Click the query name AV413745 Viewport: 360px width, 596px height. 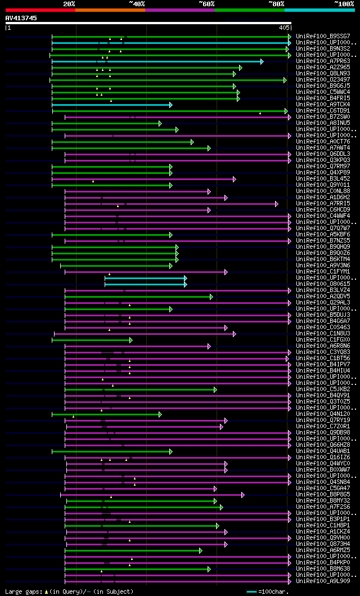tap(21, 18)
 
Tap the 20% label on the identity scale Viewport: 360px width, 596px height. tap(69, 3)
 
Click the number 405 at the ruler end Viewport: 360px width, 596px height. tap(283, 27)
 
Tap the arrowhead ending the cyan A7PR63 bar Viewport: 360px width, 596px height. tap(262, 61)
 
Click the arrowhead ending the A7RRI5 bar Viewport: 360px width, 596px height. tap(276, 204)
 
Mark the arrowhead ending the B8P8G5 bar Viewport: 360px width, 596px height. tap(242, 495)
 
